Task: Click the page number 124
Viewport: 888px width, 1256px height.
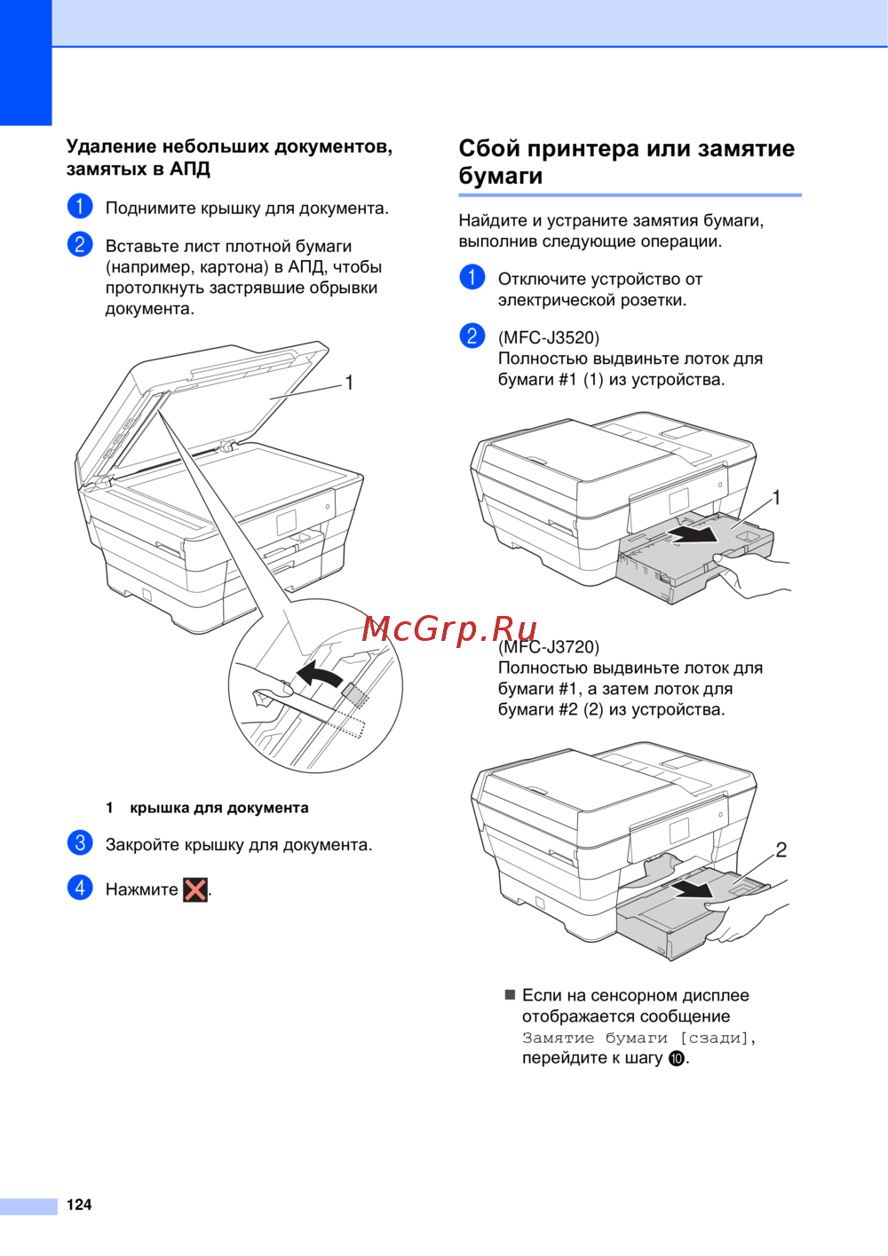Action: [x=79, y=1205]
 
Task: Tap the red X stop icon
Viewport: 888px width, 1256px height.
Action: [x=195, y=890]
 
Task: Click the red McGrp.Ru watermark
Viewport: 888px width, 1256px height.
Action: [x=448, y=629]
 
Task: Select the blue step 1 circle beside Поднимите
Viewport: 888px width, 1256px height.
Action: [x=80, y=206]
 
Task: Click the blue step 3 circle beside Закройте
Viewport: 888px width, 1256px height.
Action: [x=80, y=843]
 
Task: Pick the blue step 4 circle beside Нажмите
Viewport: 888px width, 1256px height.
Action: [x=80, y=889]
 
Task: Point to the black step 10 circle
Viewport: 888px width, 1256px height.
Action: [x=677, y=1059]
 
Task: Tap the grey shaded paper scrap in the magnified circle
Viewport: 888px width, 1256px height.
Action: [x=354, y=694]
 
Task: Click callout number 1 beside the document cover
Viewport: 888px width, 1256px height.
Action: [x=349, y=383]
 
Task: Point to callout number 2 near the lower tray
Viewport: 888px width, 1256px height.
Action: [x=781, y=850]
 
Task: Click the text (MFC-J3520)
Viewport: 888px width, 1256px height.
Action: [x=549, y=337]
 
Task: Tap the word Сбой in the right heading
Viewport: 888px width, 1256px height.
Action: [x=489, y=148]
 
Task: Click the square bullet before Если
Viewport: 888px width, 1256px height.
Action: [x=510, y=995]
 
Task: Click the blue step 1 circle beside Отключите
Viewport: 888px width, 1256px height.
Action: [x=472, y=277]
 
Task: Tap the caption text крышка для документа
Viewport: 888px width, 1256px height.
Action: [x=219, y=808]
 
